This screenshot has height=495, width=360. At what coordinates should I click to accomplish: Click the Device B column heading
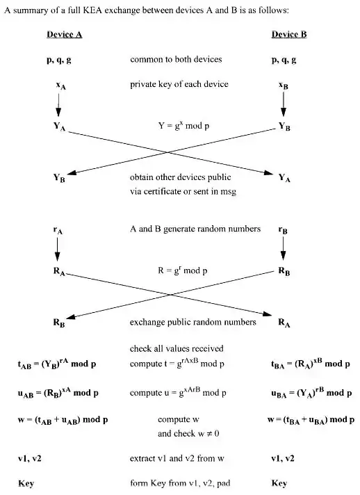[288, 34]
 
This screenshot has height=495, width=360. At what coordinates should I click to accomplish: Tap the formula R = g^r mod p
[183, 270]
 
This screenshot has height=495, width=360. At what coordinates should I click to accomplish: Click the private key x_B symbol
[284, 86]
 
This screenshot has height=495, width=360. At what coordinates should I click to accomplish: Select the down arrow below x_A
[58, 105]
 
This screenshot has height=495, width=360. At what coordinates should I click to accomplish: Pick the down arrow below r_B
[284, 249]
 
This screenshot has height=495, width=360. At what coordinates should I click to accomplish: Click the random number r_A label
[58, 229]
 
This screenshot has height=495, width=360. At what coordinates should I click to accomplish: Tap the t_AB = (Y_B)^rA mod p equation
[56, 363]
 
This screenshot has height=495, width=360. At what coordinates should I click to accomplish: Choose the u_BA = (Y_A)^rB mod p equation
[310, 392]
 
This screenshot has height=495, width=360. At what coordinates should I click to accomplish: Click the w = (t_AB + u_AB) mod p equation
[63, 420]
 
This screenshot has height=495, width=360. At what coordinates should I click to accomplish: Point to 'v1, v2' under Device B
[283, 459]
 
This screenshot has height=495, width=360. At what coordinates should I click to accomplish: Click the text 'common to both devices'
[176, 60]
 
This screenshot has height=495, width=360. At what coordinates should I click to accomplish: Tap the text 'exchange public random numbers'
[193, 322]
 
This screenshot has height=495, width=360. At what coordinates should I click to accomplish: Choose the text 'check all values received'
[177, 348]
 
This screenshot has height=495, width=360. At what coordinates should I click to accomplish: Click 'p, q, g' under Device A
[59, 60]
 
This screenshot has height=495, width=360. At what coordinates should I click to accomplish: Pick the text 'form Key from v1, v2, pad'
[179, 483]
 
